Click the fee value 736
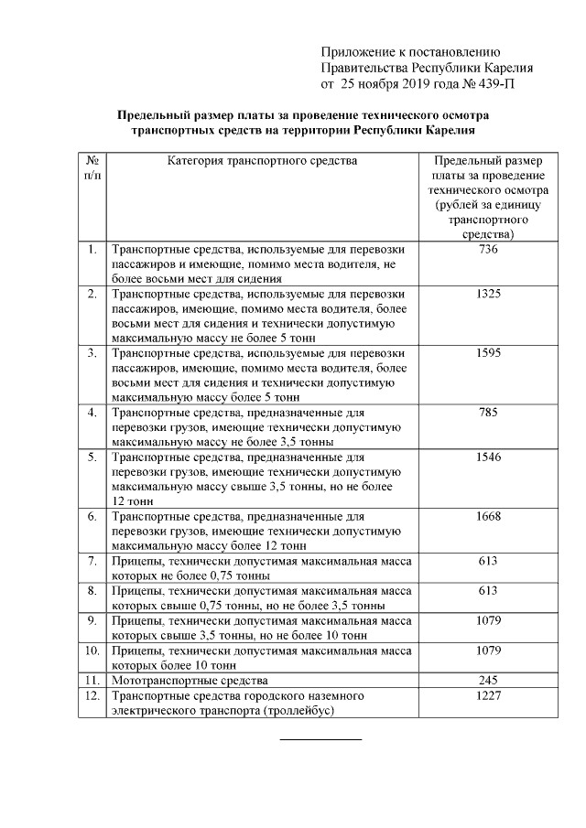(488, 250)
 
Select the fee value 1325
(488, 294)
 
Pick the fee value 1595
(488, 352)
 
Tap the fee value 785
(488, 412)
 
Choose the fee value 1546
(488, 457)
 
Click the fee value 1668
(488, 516)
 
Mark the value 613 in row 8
(488, 591)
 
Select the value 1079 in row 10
(488, 651)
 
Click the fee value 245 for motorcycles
(488, 681)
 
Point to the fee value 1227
(488, 696)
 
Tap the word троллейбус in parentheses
(301, 710)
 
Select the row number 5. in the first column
(92, 457)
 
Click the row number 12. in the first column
(92, 696)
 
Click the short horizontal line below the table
(320, 738)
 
